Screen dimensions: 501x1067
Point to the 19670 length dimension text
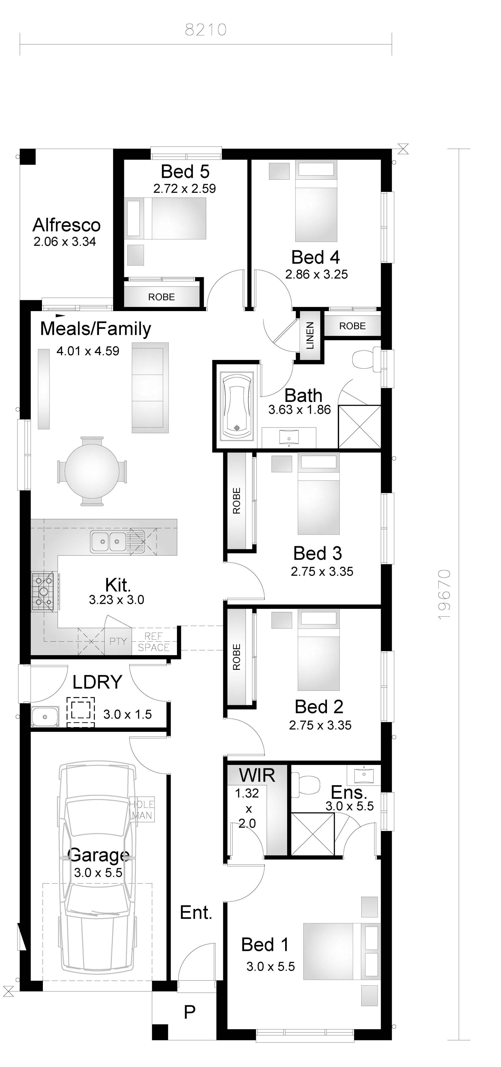(x=444, y=594)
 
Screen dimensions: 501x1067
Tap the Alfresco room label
(x=67, y=225)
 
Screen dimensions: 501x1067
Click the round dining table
(x=92, y=471)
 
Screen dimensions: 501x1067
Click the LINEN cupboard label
(x=310, y=336)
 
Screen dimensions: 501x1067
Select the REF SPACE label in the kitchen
(x=154, y=642)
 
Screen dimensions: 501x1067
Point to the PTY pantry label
(x=118, y=641)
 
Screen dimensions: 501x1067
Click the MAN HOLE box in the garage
(x=142, y=810)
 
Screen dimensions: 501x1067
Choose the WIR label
(x=257, y=775)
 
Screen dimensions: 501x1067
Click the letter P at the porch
(x=189, y=1012)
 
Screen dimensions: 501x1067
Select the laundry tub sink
(x=45, y=716)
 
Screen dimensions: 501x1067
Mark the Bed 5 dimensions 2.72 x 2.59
(x=184, y=188)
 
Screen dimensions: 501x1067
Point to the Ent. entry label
(x=196, y=912)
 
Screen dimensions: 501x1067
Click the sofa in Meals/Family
(x=150, y=388)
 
